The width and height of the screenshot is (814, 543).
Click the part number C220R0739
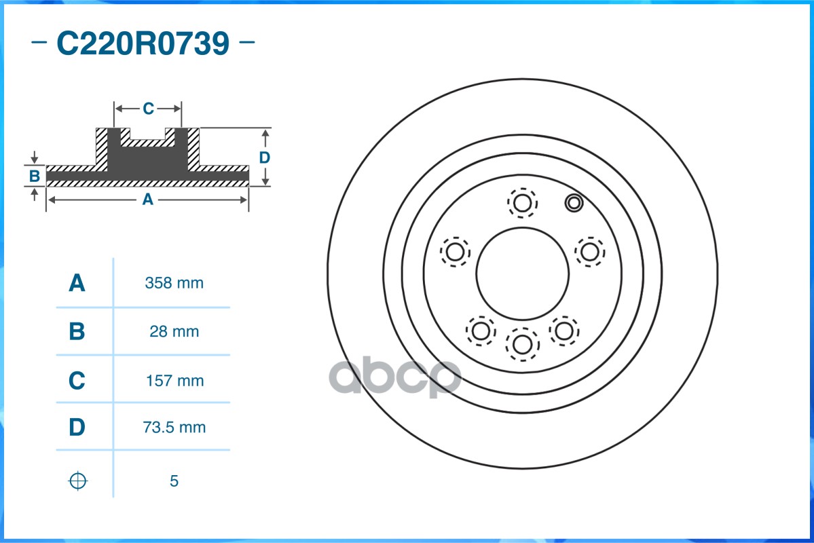coord(143,44)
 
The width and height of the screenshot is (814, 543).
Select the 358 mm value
coord(174,283)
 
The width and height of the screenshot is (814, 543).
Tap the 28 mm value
coord(174,332)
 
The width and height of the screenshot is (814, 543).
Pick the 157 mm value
coord(174,381)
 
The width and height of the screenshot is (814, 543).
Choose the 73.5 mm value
coord(174,428)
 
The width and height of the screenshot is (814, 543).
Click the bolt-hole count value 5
coord(174,481)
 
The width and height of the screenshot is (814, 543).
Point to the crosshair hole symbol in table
coord(78,481)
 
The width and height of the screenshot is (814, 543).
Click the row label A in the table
coord(77,283)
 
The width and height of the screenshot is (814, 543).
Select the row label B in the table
coord(77,332)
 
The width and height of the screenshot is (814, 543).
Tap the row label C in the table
coord(77,381)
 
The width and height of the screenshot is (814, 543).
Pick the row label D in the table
coord(77,428)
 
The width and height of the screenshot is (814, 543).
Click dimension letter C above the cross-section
coord(148,108)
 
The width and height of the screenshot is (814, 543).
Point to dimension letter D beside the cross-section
coord(265,157)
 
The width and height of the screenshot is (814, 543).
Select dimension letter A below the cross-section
coord(147,200)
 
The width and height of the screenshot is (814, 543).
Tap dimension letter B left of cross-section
coord(35,176)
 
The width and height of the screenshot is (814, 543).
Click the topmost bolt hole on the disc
coord(522,202)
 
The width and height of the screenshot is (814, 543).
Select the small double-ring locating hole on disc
coord(574,202)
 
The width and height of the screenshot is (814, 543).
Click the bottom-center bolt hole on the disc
coord(522,343)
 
